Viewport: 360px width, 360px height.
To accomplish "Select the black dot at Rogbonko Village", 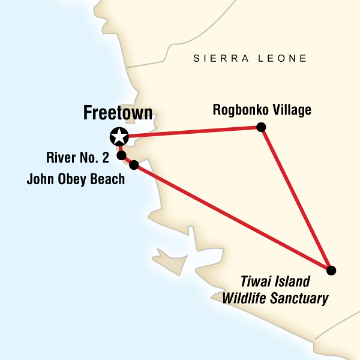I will coord(261,127).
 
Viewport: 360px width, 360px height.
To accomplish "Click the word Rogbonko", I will coord(239,110).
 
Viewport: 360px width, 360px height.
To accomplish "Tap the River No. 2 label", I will coord(78,158).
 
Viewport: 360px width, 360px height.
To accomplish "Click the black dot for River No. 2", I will coord(121,155).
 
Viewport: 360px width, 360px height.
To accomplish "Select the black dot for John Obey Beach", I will coord(134,164).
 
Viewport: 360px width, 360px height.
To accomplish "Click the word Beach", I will coord(107,179).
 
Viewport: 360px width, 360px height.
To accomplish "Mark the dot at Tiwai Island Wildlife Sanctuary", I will coord(331,270).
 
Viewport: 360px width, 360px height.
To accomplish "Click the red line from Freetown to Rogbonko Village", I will coord(192,131).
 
